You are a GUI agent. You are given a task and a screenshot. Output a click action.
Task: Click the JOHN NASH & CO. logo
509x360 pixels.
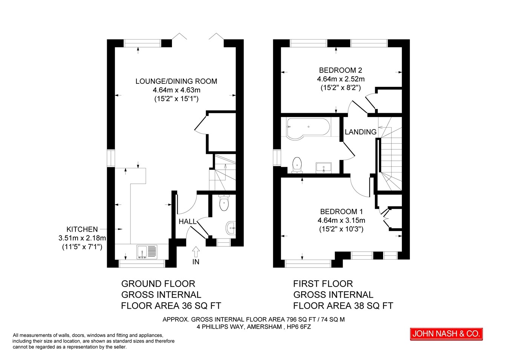[446, 334]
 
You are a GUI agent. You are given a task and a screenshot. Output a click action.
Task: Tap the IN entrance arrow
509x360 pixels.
[196, 252]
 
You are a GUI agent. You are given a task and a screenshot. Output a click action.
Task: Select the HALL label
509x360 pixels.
[187, 222]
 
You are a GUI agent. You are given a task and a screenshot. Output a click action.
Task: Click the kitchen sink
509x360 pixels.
[147, 252]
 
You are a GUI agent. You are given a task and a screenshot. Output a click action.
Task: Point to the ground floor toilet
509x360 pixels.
[224, 203]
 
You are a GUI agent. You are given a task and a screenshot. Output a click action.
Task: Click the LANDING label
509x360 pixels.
[360, 132]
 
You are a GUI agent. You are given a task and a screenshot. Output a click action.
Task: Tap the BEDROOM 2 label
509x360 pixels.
[340, 70]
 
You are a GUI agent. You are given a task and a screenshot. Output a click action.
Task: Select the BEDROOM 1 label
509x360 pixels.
[341, 211]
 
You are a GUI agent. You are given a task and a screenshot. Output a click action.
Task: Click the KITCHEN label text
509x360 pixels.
[82, 229]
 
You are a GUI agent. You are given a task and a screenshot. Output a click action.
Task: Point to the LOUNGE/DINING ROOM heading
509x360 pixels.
[176, 81]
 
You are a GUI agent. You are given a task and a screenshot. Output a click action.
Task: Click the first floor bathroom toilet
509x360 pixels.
[297, 165]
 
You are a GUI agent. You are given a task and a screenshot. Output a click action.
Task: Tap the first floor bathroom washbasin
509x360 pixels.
[323, 168]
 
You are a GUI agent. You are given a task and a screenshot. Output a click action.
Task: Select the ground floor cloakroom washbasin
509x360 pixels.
[231, 228]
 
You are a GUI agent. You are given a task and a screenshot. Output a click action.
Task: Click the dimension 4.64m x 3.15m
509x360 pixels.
[341, 220]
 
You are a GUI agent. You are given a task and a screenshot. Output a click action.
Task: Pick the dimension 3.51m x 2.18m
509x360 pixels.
[82, 238]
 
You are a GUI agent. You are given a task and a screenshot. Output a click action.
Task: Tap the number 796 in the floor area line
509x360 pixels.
[291, 320]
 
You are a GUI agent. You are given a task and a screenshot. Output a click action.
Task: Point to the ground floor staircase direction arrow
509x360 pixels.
[225, 172]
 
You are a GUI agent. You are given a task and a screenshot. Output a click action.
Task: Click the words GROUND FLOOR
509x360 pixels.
[158, 284]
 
